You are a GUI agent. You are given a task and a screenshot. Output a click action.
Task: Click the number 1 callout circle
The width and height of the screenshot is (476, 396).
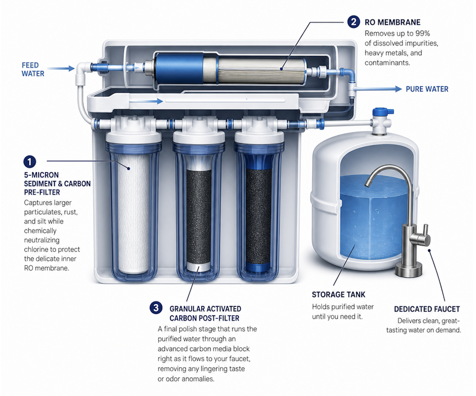coord(30,161)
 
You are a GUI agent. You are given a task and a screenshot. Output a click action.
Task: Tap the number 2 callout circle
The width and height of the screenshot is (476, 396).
coord(353,22)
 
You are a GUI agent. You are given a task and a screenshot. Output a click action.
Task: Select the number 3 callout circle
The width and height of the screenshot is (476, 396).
coord(156,308)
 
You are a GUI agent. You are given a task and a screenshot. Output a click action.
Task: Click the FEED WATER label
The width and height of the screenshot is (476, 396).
coord(33,69)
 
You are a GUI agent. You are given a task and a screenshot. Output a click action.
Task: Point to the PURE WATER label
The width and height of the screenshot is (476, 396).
coord(427,89)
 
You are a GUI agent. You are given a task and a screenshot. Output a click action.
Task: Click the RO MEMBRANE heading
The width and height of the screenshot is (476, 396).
coord(392,22)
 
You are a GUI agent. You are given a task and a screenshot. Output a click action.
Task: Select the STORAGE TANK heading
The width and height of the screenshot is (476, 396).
coord(338,295)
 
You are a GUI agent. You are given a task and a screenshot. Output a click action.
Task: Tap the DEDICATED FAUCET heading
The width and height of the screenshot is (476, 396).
coord(427,309)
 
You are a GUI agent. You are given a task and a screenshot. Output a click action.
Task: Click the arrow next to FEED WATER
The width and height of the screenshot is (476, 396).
coord(61,68)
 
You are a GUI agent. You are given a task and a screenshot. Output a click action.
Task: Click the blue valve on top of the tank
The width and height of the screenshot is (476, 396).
coord(383,112)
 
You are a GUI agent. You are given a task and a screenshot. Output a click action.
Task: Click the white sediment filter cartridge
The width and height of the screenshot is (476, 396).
coord(133,214)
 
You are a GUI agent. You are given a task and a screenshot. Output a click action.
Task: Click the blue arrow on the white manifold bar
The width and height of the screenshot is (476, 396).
coord(146,101)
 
